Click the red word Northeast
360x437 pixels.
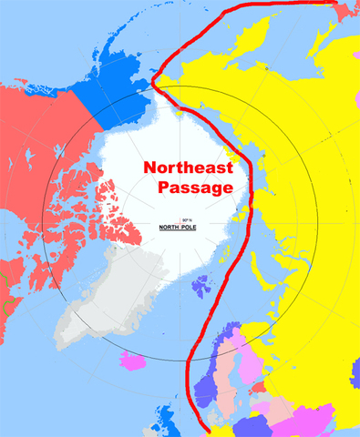[188, 168]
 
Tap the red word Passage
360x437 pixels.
[191, 188]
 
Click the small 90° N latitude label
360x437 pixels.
[188, 219]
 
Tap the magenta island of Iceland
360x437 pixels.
[136, 361]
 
